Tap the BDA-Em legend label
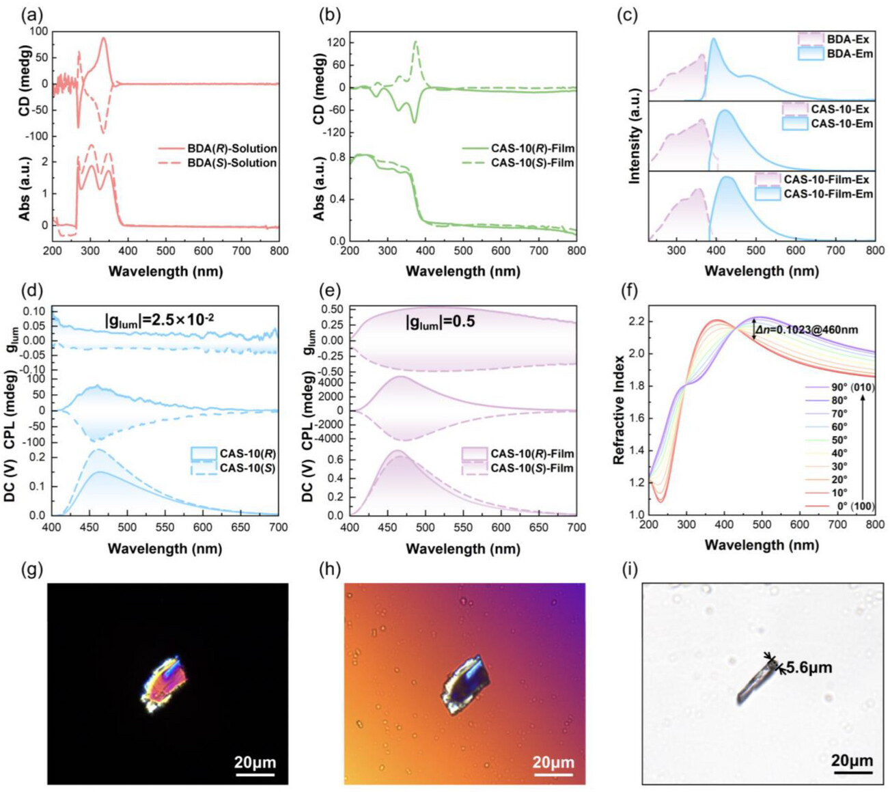coord(850,53)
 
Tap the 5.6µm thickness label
coord(809,667)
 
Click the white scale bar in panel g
coord(255,774)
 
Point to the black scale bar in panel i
coord(852,773)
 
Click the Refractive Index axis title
coord(620,410)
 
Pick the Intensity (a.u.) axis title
coord(635,136)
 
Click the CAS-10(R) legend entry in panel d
coord(247,454)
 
